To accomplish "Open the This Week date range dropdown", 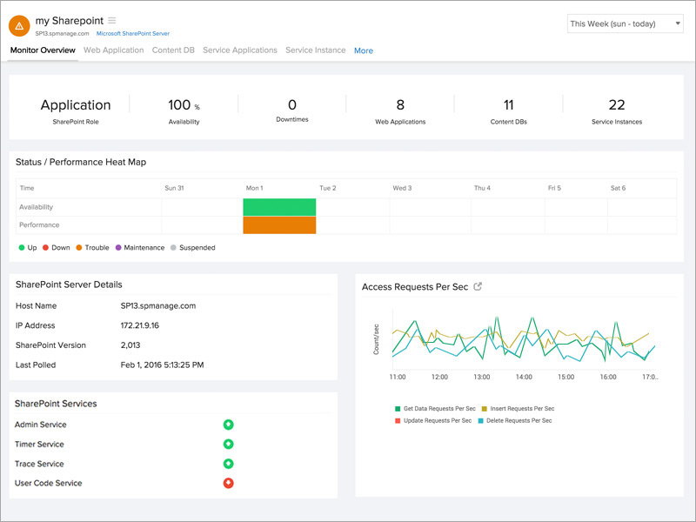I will pyautogui.click(x=625, y=23).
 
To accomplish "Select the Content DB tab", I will pyautogui.click(x=173, y=50).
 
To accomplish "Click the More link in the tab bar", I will pyautogui.click(x=363, y=51).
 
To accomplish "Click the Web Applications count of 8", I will pyautogui.click(x=400, y=105).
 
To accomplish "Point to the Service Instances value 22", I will pyautogui.click(x=617, y=105).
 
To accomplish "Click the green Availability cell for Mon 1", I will pyautogui.click(x=279, y=207).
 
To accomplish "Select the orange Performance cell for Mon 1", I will pyautogui.click(x=279, y=224).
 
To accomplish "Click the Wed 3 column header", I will pyautogui.click(x=402, y=188).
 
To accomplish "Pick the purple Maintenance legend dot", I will pyautogui.click(x=118, y=248).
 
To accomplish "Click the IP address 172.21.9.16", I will pyautogui.click(x=139, y=325).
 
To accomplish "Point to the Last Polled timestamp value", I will pyautogui.click(x=162, y=365).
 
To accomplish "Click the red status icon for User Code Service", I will pyautogui.click(x=229, y=483).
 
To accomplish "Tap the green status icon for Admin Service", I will pyautogui.click(x=229, y=425).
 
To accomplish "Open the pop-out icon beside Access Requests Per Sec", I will pyautogui.click(x=478, y=286).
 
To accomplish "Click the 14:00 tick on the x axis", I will pyautogui.click(x=523, y=378).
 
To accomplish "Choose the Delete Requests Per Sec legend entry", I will pyautogui.click(x=517, y=420).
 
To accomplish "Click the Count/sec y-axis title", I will pyautogui.click(x=376, y=338).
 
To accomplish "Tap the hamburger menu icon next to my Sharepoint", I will pyautogui.click(x=111, y=20).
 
